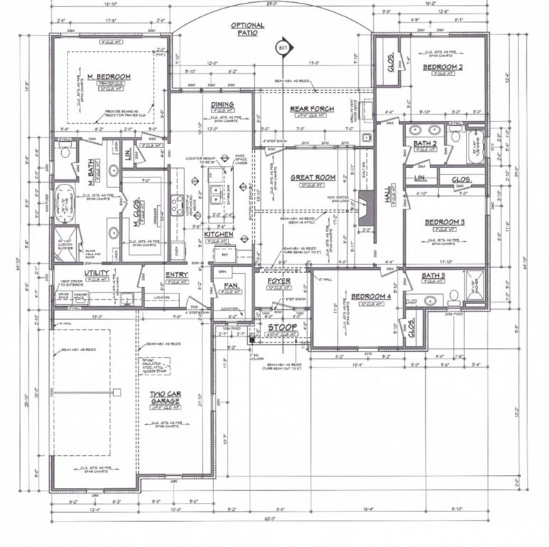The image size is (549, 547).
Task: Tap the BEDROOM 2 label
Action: [443, 67]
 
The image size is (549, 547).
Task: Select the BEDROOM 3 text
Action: [444, 222]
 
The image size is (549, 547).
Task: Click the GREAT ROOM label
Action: [312, 177]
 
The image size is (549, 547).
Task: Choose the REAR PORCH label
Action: [311, 109]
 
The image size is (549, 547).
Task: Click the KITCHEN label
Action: [218, 234]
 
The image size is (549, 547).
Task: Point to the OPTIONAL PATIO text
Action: [247, 28]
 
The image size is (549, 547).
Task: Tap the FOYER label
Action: [279, 281]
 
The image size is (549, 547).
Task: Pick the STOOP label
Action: [282, 327]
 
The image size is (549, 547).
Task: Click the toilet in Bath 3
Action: [452, 294]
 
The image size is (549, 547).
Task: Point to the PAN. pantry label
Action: [230, 286]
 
